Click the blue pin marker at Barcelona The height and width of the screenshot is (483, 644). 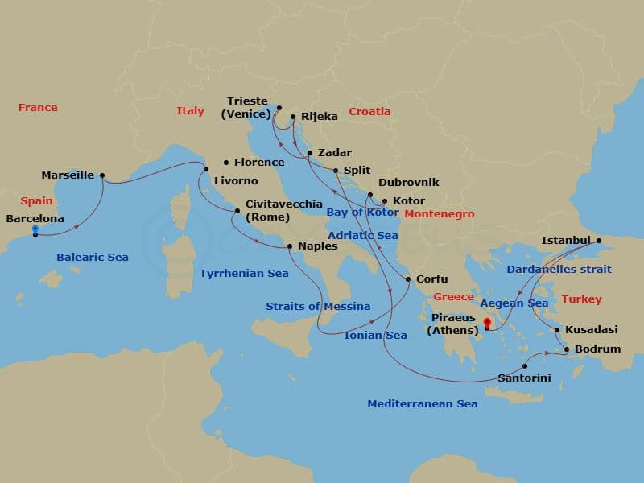pyautogui.click(x=35, y=231)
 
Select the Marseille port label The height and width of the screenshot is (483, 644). pyautogui.click(x=68, y=175)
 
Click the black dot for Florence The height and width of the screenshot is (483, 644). pyautogui.click(x=226, y=162)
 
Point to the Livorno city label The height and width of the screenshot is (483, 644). pyautogui.click(x=236, y=181)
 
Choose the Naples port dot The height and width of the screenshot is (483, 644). pyautogui.click(x=290, y=246)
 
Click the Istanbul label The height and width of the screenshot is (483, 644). pyautogui.click(x=566, y=240)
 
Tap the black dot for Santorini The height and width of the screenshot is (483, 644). pyautogui.click(x=526, y=366)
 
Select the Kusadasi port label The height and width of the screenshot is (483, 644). pyautogui.click(x=591, y=330)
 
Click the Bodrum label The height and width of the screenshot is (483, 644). pyautogui.click(x=597, y=349)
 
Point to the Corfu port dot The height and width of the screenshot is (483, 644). pyautogui.click(x=408, y=280)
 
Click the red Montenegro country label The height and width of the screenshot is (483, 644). pyautogui.click(x=439, y=214)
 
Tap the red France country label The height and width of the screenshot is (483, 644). pyautogui.click(x=38, y=108)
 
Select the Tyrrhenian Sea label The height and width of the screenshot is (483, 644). pyautogui.click(x=244, y=274)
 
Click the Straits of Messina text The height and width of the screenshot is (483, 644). pyautogui.click(x=318, y=306)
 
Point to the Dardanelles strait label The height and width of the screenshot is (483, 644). pyautogui.click(x=559, y=269)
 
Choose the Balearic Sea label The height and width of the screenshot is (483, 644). pyautogui.click(x=93, y=258)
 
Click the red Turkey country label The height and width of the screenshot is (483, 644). pyautogui.click(x=581, y=299)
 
